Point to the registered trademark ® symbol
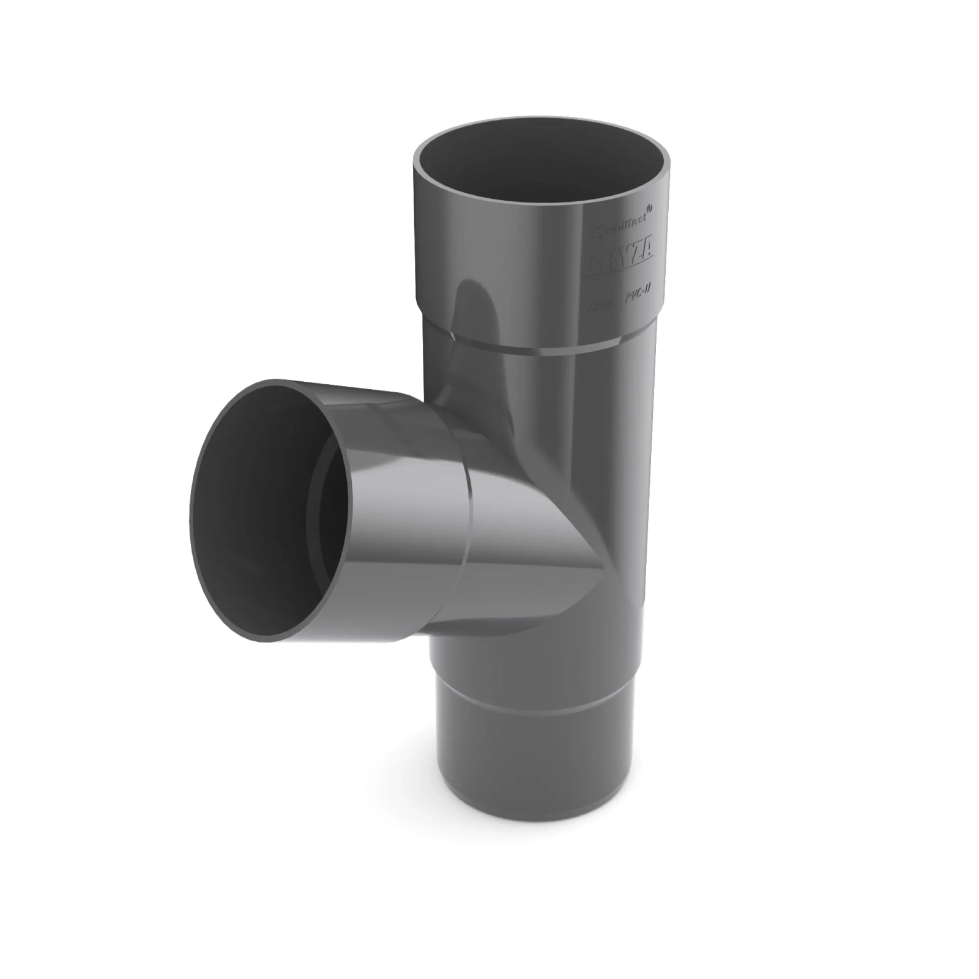[649, 209]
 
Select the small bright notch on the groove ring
[450, 335]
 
